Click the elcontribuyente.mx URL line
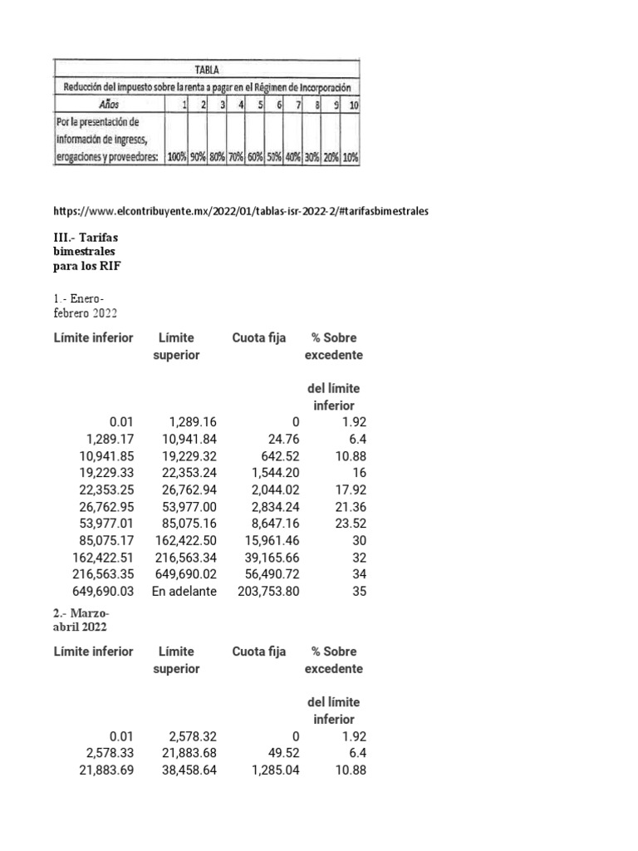[x=241, y=211]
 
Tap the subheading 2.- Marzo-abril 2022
[x=81, y=619]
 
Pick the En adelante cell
[x=184, y=591]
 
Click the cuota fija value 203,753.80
[x=267, y=591]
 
